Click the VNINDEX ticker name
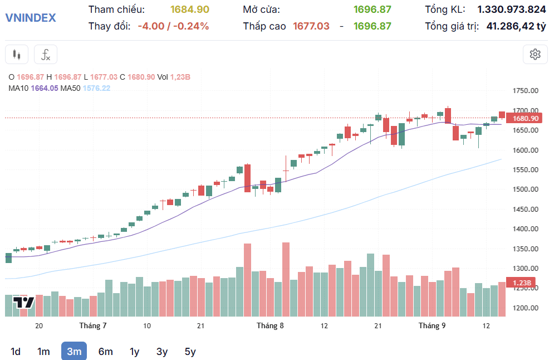point(31,17)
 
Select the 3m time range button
point(74,351)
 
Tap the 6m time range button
point(105,351)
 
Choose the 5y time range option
point(190,351)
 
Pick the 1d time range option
point(16,351)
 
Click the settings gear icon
point(535,54)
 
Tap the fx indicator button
point(46,54)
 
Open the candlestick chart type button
point(17,54)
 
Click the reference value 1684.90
point(190,9)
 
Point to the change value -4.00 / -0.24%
point(173,26)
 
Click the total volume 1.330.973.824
point(512,9)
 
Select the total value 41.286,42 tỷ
point(516,26)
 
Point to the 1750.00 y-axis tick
point(526,90)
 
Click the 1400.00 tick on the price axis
point(526,228)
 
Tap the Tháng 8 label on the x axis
point(270,325)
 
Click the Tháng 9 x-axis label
point(432,325)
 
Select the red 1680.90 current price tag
point(524,118)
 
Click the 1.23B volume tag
point(522,283)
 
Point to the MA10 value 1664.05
point(45,88)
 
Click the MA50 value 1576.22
point(96,88)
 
